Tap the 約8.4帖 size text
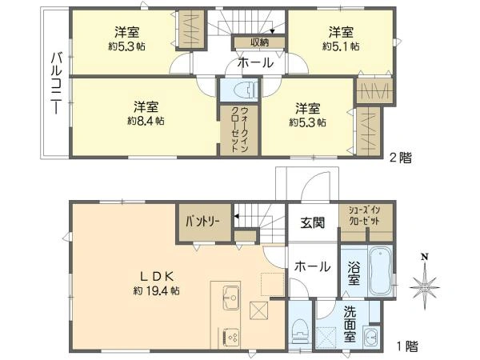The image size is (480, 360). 145,122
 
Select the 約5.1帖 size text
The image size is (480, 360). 340,46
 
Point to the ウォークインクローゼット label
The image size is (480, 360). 234,129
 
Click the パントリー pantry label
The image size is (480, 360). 204,218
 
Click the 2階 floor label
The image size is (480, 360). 401,158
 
